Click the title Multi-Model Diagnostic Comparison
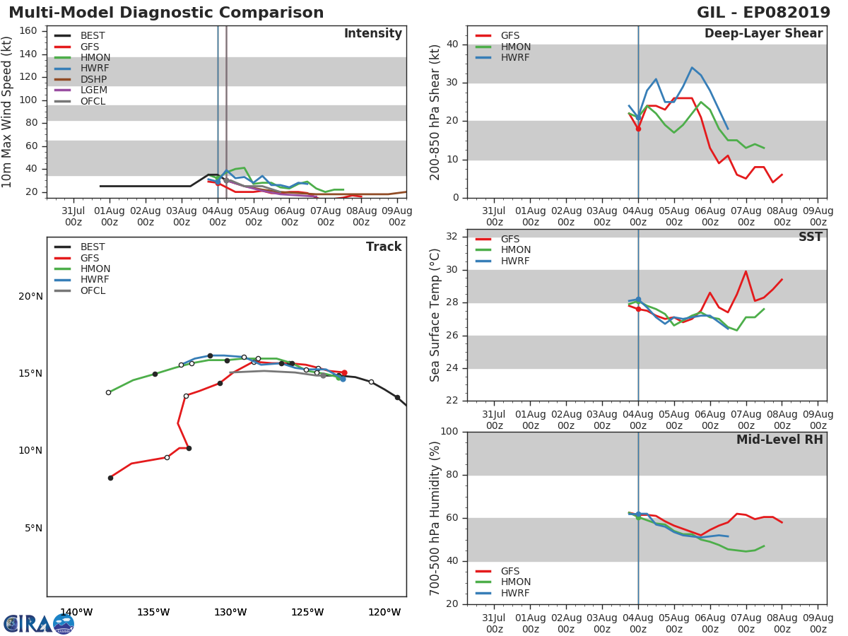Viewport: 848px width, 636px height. [166, 12]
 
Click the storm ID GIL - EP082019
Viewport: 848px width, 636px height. [763, 12]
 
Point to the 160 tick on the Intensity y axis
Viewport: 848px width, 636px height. [28, 30]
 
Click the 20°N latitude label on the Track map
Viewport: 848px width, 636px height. [30, 296]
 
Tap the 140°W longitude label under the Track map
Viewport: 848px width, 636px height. [76, 612]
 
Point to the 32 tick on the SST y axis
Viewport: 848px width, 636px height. [452, 236]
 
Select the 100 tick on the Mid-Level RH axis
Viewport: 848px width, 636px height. [449, 431]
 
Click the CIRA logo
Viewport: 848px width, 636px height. [39, 624]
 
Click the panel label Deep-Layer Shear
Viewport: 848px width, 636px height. [763, 33]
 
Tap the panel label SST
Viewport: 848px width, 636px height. [811, 236]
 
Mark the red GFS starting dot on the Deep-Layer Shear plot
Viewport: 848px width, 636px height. [638, 129]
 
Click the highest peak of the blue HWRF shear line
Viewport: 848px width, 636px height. [692, 68]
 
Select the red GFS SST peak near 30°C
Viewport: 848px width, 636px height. [746, 271]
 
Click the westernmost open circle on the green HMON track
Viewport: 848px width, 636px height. [109, 392]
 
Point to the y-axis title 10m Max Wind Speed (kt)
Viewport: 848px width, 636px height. [6, 112]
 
